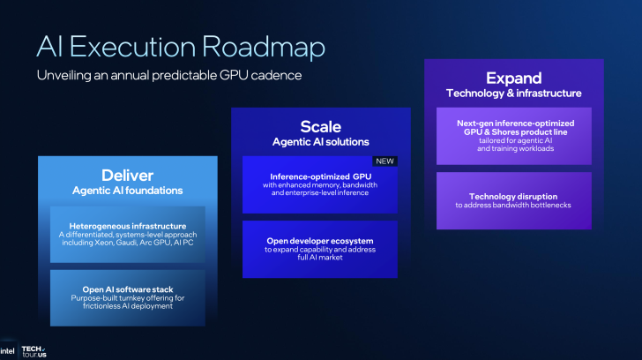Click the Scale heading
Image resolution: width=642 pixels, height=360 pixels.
pyautogui.click(x=320, y=126)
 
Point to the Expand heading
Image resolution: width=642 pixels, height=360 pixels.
pyautogui.click(x=513, y=78)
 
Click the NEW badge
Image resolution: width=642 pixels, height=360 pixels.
pyautogui.click(x=385, y=161)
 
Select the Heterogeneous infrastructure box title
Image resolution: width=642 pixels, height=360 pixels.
pyautogui.click(x=127, y=225)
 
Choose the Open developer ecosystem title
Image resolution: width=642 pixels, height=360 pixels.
pyautogui.click(x=320, y=240)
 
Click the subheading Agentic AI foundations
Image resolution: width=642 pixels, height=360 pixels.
pyautogui.click(x=127, y=190)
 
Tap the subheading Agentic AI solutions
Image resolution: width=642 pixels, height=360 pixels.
pyautogui.click(x=320, y=141)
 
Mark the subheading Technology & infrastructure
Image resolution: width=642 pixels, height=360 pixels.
pyautogui.click(x=513, y=93)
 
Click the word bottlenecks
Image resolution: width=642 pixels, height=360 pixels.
pyautogui.click(x=547, y=205)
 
